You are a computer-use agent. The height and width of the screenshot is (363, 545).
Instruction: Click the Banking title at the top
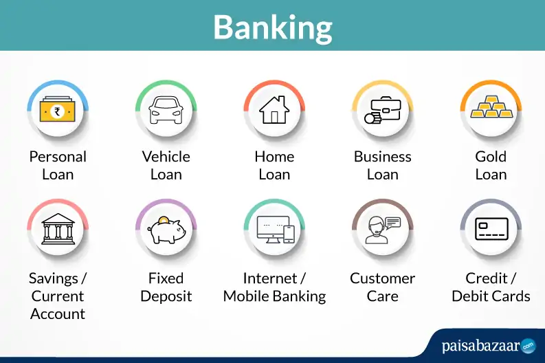point(272,26)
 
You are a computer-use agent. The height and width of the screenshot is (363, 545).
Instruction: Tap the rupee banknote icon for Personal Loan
point(58,111)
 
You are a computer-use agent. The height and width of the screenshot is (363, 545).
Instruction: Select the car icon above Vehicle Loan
point(166,110)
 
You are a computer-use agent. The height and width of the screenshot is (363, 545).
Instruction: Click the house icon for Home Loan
point(274,110)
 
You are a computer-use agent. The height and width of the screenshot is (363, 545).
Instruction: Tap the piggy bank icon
point(166,230)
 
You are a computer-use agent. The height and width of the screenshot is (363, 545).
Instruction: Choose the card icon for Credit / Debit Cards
point(491,230)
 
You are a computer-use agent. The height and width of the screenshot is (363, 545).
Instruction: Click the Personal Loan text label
point(58,165)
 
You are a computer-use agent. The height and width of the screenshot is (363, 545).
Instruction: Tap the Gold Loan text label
point(491,165)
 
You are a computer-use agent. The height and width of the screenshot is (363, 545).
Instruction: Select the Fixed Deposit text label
point(166,287)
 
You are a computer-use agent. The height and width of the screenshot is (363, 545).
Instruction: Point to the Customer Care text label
point(382,287)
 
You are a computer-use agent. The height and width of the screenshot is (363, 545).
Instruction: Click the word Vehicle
point(166,157)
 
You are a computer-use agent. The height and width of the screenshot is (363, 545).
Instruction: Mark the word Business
point(382,157)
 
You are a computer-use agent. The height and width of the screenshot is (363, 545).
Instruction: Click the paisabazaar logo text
point(480,346)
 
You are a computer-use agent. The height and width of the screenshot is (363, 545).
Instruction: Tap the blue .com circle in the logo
point(528,345)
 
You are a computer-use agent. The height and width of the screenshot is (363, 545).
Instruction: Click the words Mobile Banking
point(274,296)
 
